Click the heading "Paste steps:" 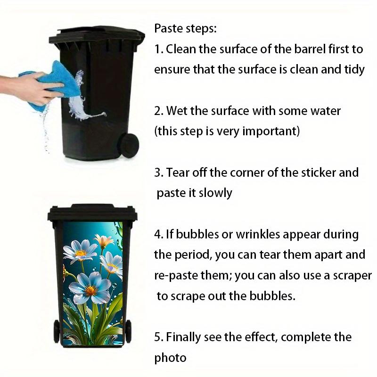tap(185, 28)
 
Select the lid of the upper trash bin tap(97, 36)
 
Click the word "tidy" tap(354, 70)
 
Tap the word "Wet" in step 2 tap(176, 111)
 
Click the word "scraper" tap(348, 276)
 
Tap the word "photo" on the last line tap(170, 358)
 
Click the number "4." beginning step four tap(158, 234)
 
